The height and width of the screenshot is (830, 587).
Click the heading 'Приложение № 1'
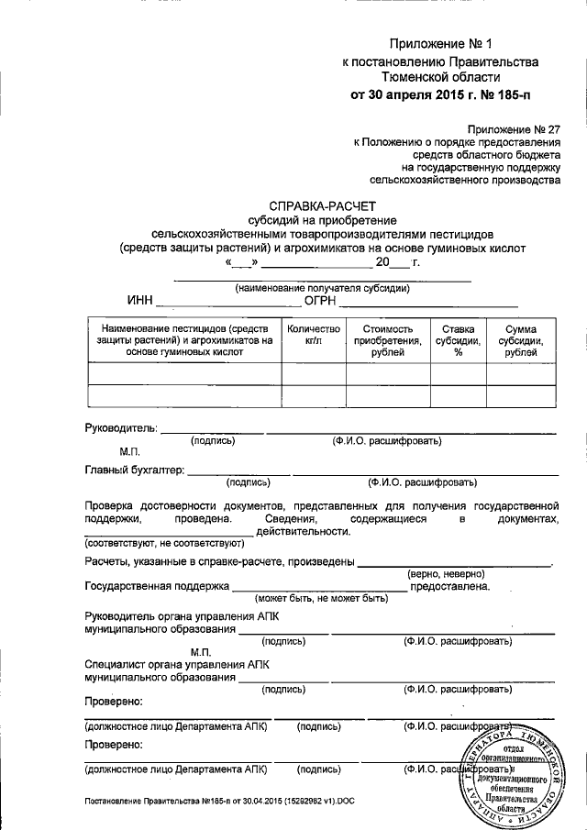441,43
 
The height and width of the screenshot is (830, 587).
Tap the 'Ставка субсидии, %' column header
458,341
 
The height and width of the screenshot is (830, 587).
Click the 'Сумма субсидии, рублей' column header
520,341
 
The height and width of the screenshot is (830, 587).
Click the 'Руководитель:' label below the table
120,428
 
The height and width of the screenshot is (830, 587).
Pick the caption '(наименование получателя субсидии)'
322,289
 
